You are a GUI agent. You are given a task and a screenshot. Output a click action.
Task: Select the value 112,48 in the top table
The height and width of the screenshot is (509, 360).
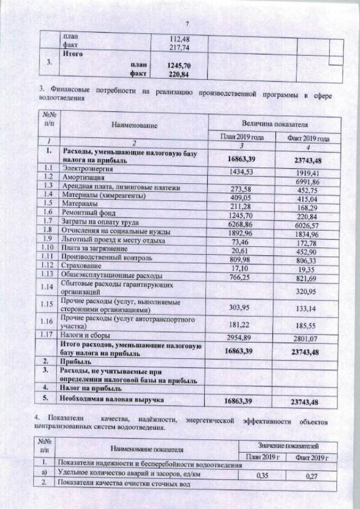(179, 39)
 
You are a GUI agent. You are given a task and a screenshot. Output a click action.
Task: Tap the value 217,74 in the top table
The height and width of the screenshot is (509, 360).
(179, 47)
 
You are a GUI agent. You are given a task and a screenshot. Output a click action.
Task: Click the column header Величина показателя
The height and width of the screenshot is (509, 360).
(274, 123)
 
